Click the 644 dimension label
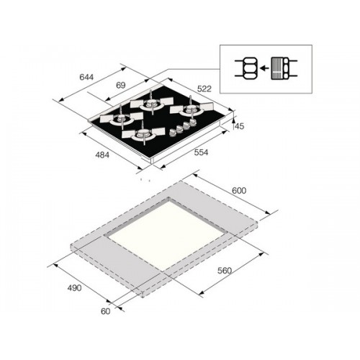86,77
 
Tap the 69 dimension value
121,85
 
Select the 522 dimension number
204,89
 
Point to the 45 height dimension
239,126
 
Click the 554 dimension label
201,152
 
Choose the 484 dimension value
102,155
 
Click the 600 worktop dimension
239,191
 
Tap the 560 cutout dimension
225,271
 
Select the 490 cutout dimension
74,288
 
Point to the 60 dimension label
105,311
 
